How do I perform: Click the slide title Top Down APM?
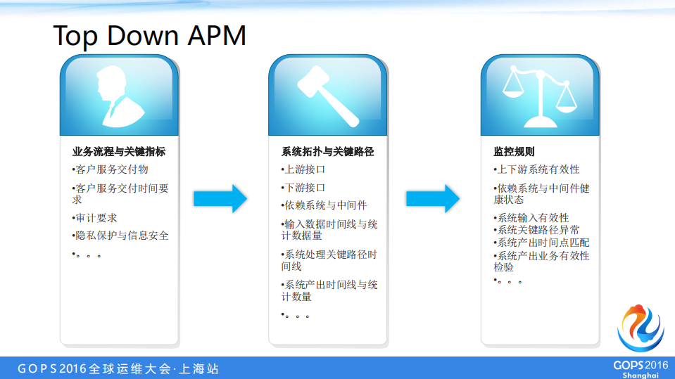click(150, 35)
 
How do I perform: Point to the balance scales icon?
click(539, 97)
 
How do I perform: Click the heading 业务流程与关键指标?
click(119, 151)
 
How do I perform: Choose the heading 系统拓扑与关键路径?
click(327, 151)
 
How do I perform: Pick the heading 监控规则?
click(514, 151)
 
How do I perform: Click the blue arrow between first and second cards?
click(220, 199)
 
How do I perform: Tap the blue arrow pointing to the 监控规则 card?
click(433, 199)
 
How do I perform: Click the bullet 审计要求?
click(95, 218)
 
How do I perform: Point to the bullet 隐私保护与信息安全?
click(120, 236)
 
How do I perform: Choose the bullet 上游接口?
click(304, 169)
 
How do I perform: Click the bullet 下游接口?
click(304, 188)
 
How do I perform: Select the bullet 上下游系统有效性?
click(537, 169)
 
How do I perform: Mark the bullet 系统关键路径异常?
click(538, 230)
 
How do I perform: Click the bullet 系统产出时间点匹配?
click(542, 243)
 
